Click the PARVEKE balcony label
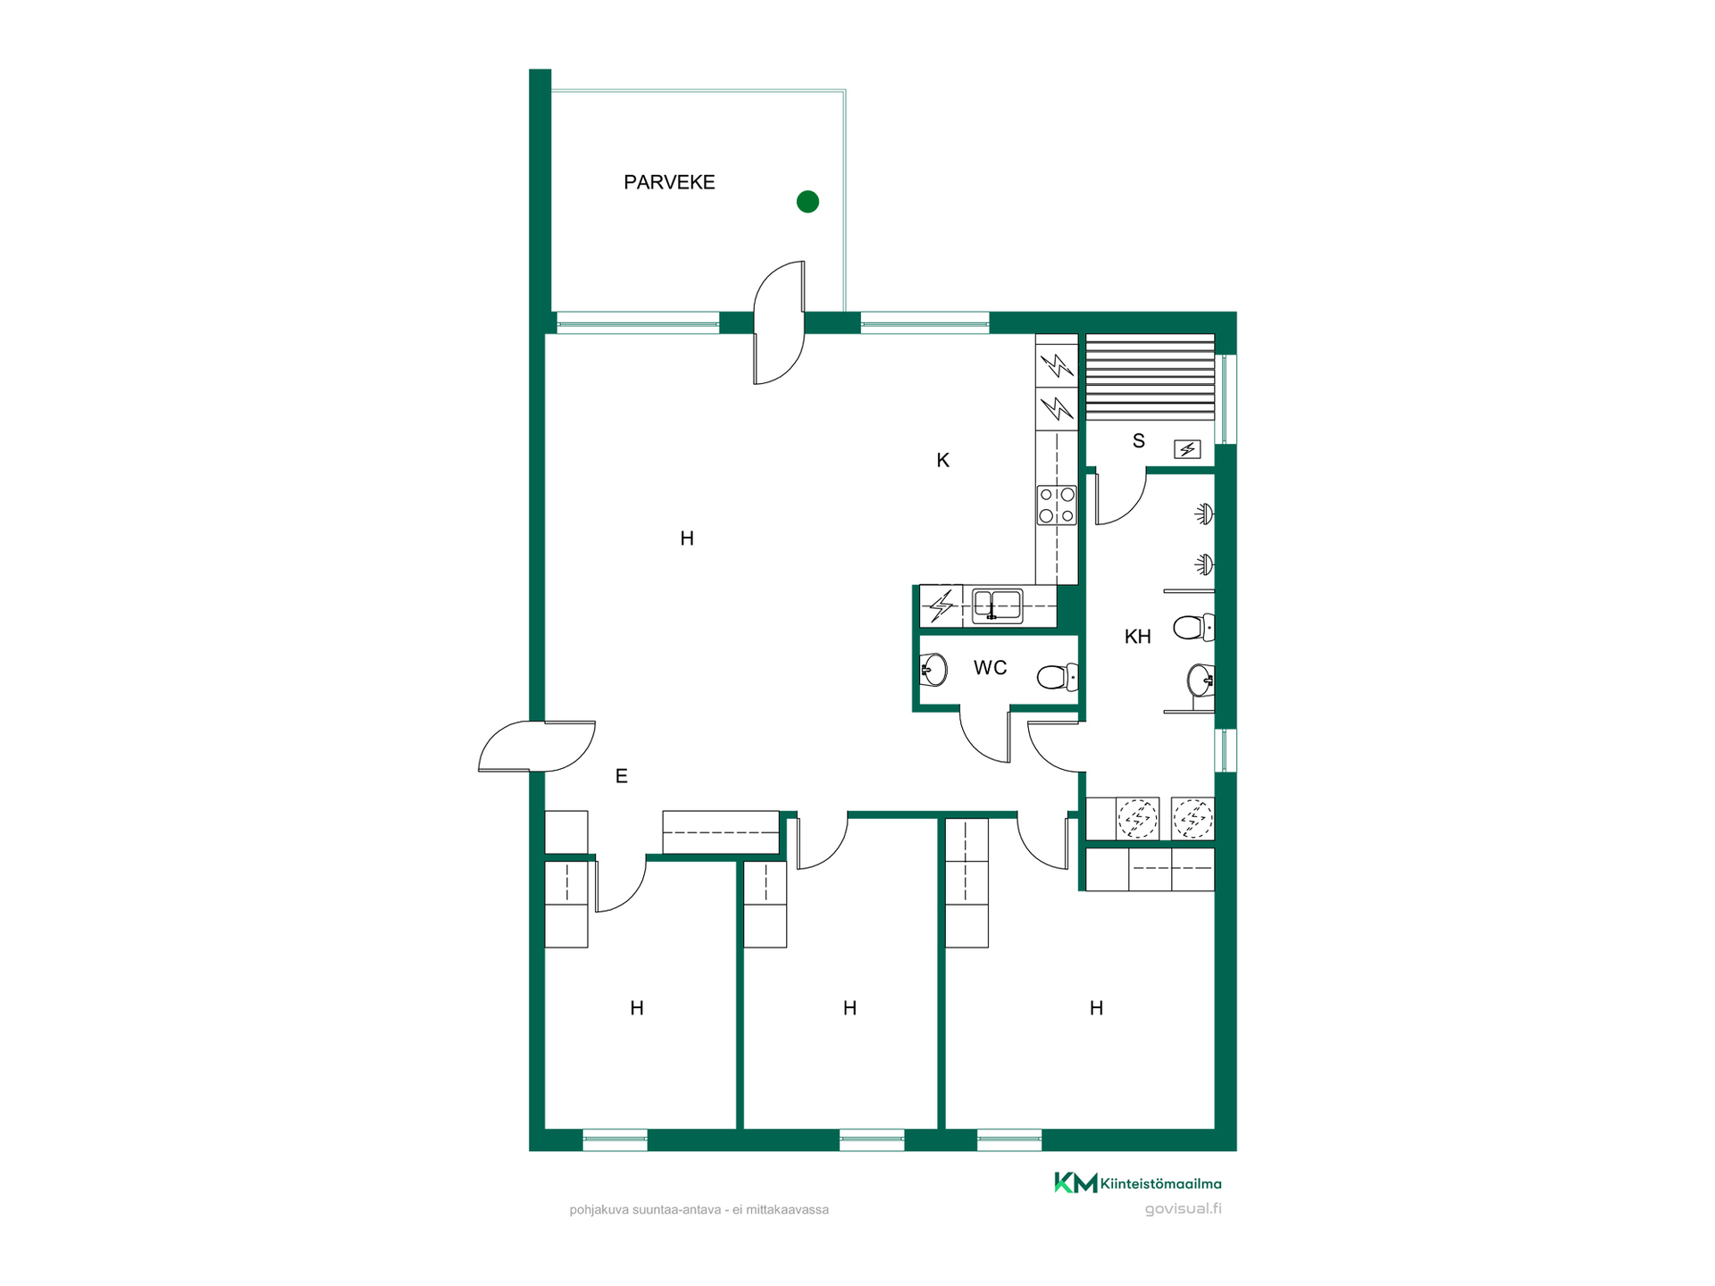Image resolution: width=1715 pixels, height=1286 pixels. (669, 182)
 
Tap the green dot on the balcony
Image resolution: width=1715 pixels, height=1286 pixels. (807, 202)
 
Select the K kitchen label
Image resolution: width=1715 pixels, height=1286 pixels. (942, 460)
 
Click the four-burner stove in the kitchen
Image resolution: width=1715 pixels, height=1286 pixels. (1057, 505)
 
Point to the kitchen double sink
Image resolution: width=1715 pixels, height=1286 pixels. (998, 605)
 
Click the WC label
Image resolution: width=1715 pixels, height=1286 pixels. (990, 668)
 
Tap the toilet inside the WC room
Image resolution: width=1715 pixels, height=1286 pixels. (1058, 677)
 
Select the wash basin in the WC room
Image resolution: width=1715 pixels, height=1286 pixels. (933, 669)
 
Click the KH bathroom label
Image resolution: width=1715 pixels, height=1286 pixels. (1137, 637)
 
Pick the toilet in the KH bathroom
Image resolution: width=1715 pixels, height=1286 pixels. (1193, 628)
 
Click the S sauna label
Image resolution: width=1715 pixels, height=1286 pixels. (1138, 440)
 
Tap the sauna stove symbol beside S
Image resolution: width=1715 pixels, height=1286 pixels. (1187, 449)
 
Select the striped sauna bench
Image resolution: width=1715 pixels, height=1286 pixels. (1150, 377)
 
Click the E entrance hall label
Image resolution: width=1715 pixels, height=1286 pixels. (621, 776)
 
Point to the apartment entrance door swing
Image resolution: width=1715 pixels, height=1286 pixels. (537, 746)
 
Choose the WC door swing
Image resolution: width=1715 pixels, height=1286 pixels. (984, 734)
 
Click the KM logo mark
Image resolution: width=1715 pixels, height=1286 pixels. (1075, 1183)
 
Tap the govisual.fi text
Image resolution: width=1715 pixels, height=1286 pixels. (1183, 1209)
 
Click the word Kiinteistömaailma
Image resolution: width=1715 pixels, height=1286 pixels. (1160, 1184)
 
